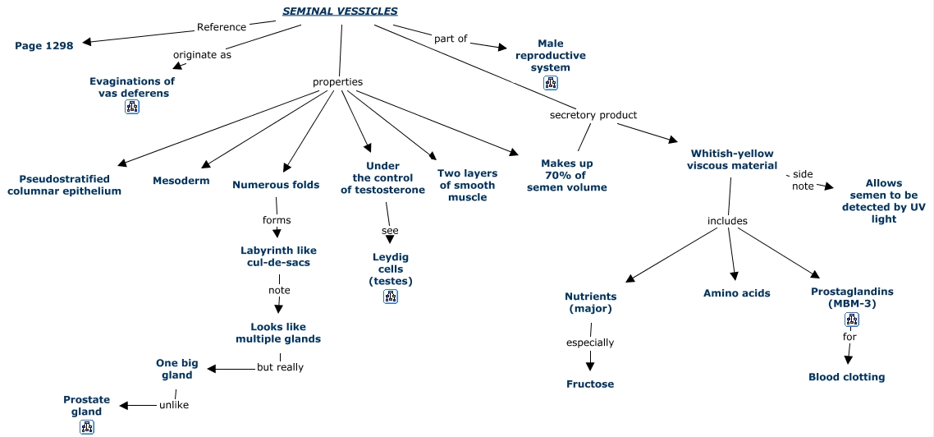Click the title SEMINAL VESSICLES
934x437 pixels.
pyautogui.click(x=340, y=11)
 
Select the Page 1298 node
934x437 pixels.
pyautogui.click(x=44, y=46)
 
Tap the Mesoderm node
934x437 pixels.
pyautogui.click(x=181, y=181)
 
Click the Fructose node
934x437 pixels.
pyautogui.click(x=590, y=384)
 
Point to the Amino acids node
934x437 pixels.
pyautogui.click(x=737, y=293)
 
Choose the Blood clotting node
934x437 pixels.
pyautogui.click(x=847, y=377)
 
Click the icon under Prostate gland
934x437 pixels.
pyautogui.click(x=87, y=427)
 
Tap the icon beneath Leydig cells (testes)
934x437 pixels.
pyautogui.click(x=391, y=297)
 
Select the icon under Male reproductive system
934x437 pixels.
pyautogui.click(x=551, y=83)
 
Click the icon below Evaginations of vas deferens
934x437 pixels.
pyautogui.click(x=132, y=107)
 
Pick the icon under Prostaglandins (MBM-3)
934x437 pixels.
pyautogui.click(x=852, y=320)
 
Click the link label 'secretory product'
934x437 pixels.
pyautogui.click(x=593, y=115)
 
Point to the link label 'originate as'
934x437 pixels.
pyautogui.click(x=202, y=55)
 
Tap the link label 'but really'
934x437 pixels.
pyautogui.click(x=280, y=367)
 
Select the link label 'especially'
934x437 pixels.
pyautogui.click(x=590, y=343)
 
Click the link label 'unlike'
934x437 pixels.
pyautogui.click(x=174, y=404)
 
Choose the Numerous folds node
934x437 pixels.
pyautogui.click(x=276, y=185)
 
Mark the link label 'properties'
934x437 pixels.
pyautogui.click(x=337, y=82)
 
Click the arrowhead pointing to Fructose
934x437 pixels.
pyautogui.click(x=590, y=366)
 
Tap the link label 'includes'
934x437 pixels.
pyautogui.click(x=728, y=221)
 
